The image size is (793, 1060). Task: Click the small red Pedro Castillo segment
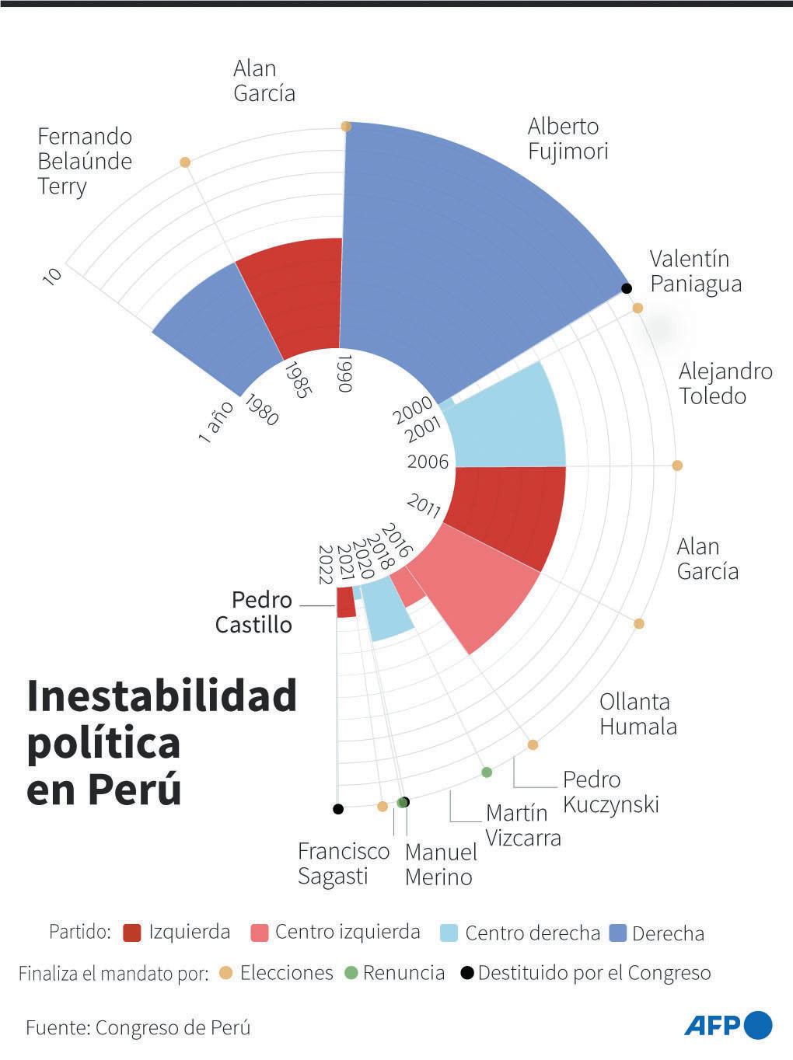(x=346, y=602)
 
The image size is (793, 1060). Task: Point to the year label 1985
(x=297, y=378)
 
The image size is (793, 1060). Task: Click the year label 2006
(x=428, y=462)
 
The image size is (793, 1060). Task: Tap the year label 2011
(x=424, y=507)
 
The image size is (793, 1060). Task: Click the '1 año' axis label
(x=215, y=424)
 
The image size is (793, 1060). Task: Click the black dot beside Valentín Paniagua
(x=626, y=288)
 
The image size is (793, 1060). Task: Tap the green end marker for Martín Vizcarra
(x=487, y=772)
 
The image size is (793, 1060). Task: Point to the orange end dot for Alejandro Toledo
(x=677, y=465)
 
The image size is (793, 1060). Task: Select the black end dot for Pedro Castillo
(x=337, y=809)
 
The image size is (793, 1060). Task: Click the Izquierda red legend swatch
(x=132, y=933)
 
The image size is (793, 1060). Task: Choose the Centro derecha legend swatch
(x=449, y=933)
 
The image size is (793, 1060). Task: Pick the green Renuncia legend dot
(x=351, y=973)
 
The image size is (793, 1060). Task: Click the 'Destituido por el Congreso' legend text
(x=594, y=973)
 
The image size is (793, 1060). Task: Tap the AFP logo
(x=728, y=1026)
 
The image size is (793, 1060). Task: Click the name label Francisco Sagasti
(x=343, y=863)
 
